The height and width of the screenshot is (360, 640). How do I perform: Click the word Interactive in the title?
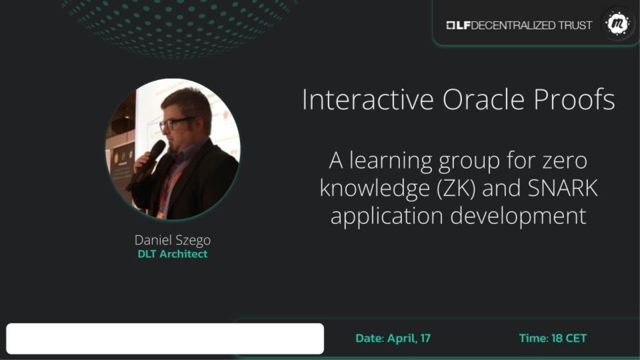[368, 99]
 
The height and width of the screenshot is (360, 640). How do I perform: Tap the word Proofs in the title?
[574, 99]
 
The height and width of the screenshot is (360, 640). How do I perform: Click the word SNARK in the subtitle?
[563, 188]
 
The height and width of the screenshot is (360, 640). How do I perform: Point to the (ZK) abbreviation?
[456, 189]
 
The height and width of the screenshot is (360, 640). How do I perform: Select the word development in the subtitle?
[519, 216]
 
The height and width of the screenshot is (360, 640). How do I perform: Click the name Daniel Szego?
[173, 241]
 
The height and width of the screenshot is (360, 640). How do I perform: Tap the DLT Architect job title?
[173, 254]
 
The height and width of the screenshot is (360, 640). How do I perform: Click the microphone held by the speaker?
[149, 159]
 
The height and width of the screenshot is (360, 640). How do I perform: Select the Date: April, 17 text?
[393, 339]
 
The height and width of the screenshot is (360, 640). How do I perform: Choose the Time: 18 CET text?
[553, 339]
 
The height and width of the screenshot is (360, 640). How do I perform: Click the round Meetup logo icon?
[617, 24]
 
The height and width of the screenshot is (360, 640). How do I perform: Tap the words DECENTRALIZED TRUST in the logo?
[531, 25]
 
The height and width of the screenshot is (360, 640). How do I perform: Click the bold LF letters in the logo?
[463, 25]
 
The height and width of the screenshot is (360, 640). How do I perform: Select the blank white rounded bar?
[165, 339]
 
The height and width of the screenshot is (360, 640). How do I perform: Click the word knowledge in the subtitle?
[374, 189]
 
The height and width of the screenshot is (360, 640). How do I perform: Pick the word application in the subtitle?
[387, 216]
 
